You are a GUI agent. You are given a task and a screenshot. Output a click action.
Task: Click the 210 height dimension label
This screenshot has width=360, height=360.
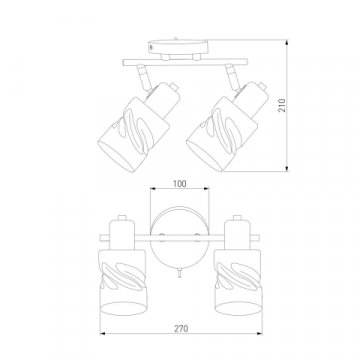click(282, 105)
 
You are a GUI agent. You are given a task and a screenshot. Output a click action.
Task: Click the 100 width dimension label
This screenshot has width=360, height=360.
click(180, 183)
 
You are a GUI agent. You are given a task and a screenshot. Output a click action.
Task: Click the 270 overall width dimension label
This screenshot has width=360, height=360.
click(181, 328)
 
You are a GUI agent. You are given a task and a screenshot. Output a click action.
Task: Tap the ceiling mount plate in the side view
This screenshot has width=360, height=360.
click(178, 46)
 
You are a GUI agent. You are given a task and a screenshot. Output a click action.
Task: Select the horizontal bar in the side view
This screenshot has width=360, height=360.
click(185, 62)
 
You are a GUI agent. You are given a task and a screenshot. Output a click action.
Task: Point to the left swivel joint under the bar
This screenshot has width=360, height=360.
click(143, 77)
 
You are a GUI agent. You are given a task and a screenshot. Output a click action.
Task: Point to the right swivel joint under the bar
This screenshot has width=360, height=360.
click(233, 77)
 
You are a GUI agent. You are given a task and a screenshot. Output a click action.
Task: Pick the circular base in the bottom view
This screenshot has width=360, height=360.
click(180, 237)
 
